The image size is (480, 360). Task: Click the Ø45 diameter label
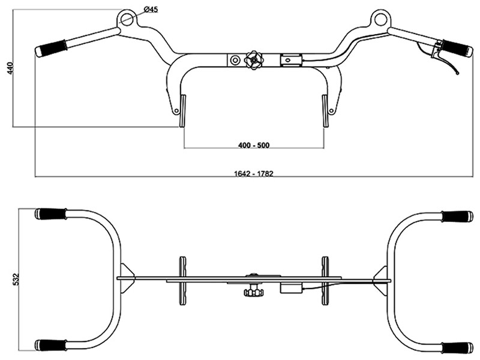pyautogui.click(x=151, y=10)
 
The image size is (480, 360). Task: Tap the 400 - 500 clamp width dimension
pyautogui.click(x=254, y=146)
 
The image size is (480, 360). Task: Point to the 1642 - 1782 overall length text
pyautogui.click(x=254, y=173)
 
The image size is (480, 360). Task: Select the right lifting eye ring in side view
pyautogui.click(x=379, y=19)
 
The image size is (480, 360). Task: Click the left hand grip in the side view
pyautogui.click(x=51, y=48)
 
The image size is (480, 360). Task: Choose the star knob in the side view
pyautogui.click(x=253, y=59)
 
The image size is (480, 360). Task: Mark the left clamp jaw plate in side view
pyautogui.click(x=181, y=111)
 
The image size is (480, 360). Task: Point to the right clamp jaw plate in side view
pyautogui.click(x=326, y=111)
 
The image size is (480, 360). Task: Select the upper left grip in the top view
pyautogui.click(x=51, y=214)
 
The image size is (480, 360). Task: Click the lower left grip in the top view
pyautogui.click(x=51, y=345)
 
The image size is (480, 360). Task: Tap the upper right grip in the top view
pyautogui.click(x=457, y=216)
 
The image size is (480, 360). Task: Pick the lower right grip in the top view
pyautogui.click(x=457, y=347)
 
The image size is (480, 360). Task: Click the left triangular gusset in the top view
pyautogui.click(x=125, y=278)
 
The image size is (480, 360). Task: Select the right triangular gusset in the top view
pyautogui.click(x=381, y=278)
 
